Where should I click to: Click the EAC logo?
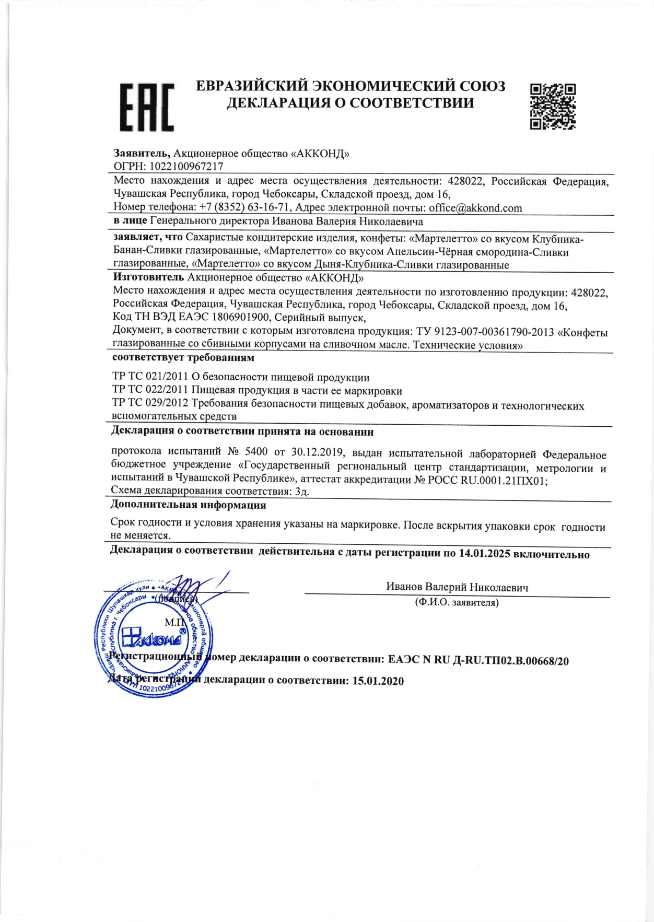pos(147,107)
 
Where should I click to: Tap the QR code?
pos(553,106)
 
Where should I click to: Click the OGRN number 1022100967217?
pos(186,167)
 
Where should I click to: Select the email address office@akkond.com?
pos(475,208)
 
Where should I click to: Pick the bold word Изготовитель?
pos(148,277)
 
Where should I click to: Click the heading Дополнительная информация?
pos(188,505)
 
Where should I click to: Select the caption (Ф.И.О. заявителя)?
pos(457,602)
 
